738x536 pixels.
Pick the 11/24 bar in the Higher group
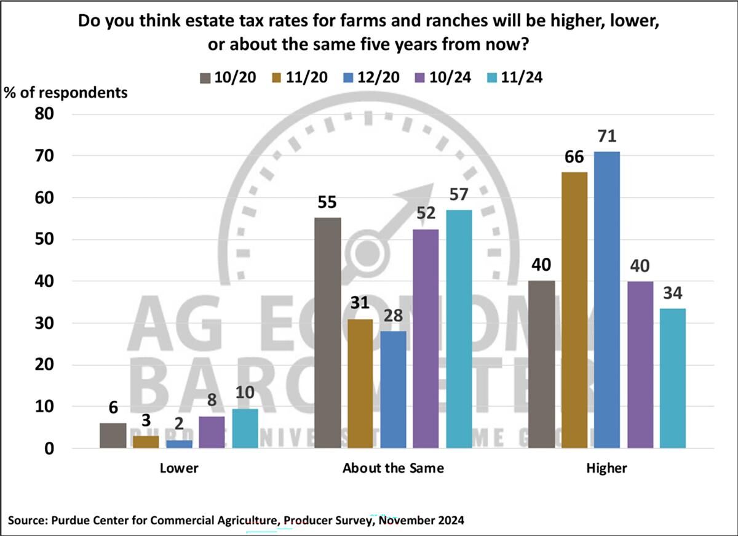(x=672, y=378)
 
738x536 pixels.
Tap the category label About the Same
(x=393, y=468)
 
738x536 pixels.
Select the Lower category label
(x=179, y=468)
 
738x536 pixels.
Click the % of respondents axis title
(x=66, y=92)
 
